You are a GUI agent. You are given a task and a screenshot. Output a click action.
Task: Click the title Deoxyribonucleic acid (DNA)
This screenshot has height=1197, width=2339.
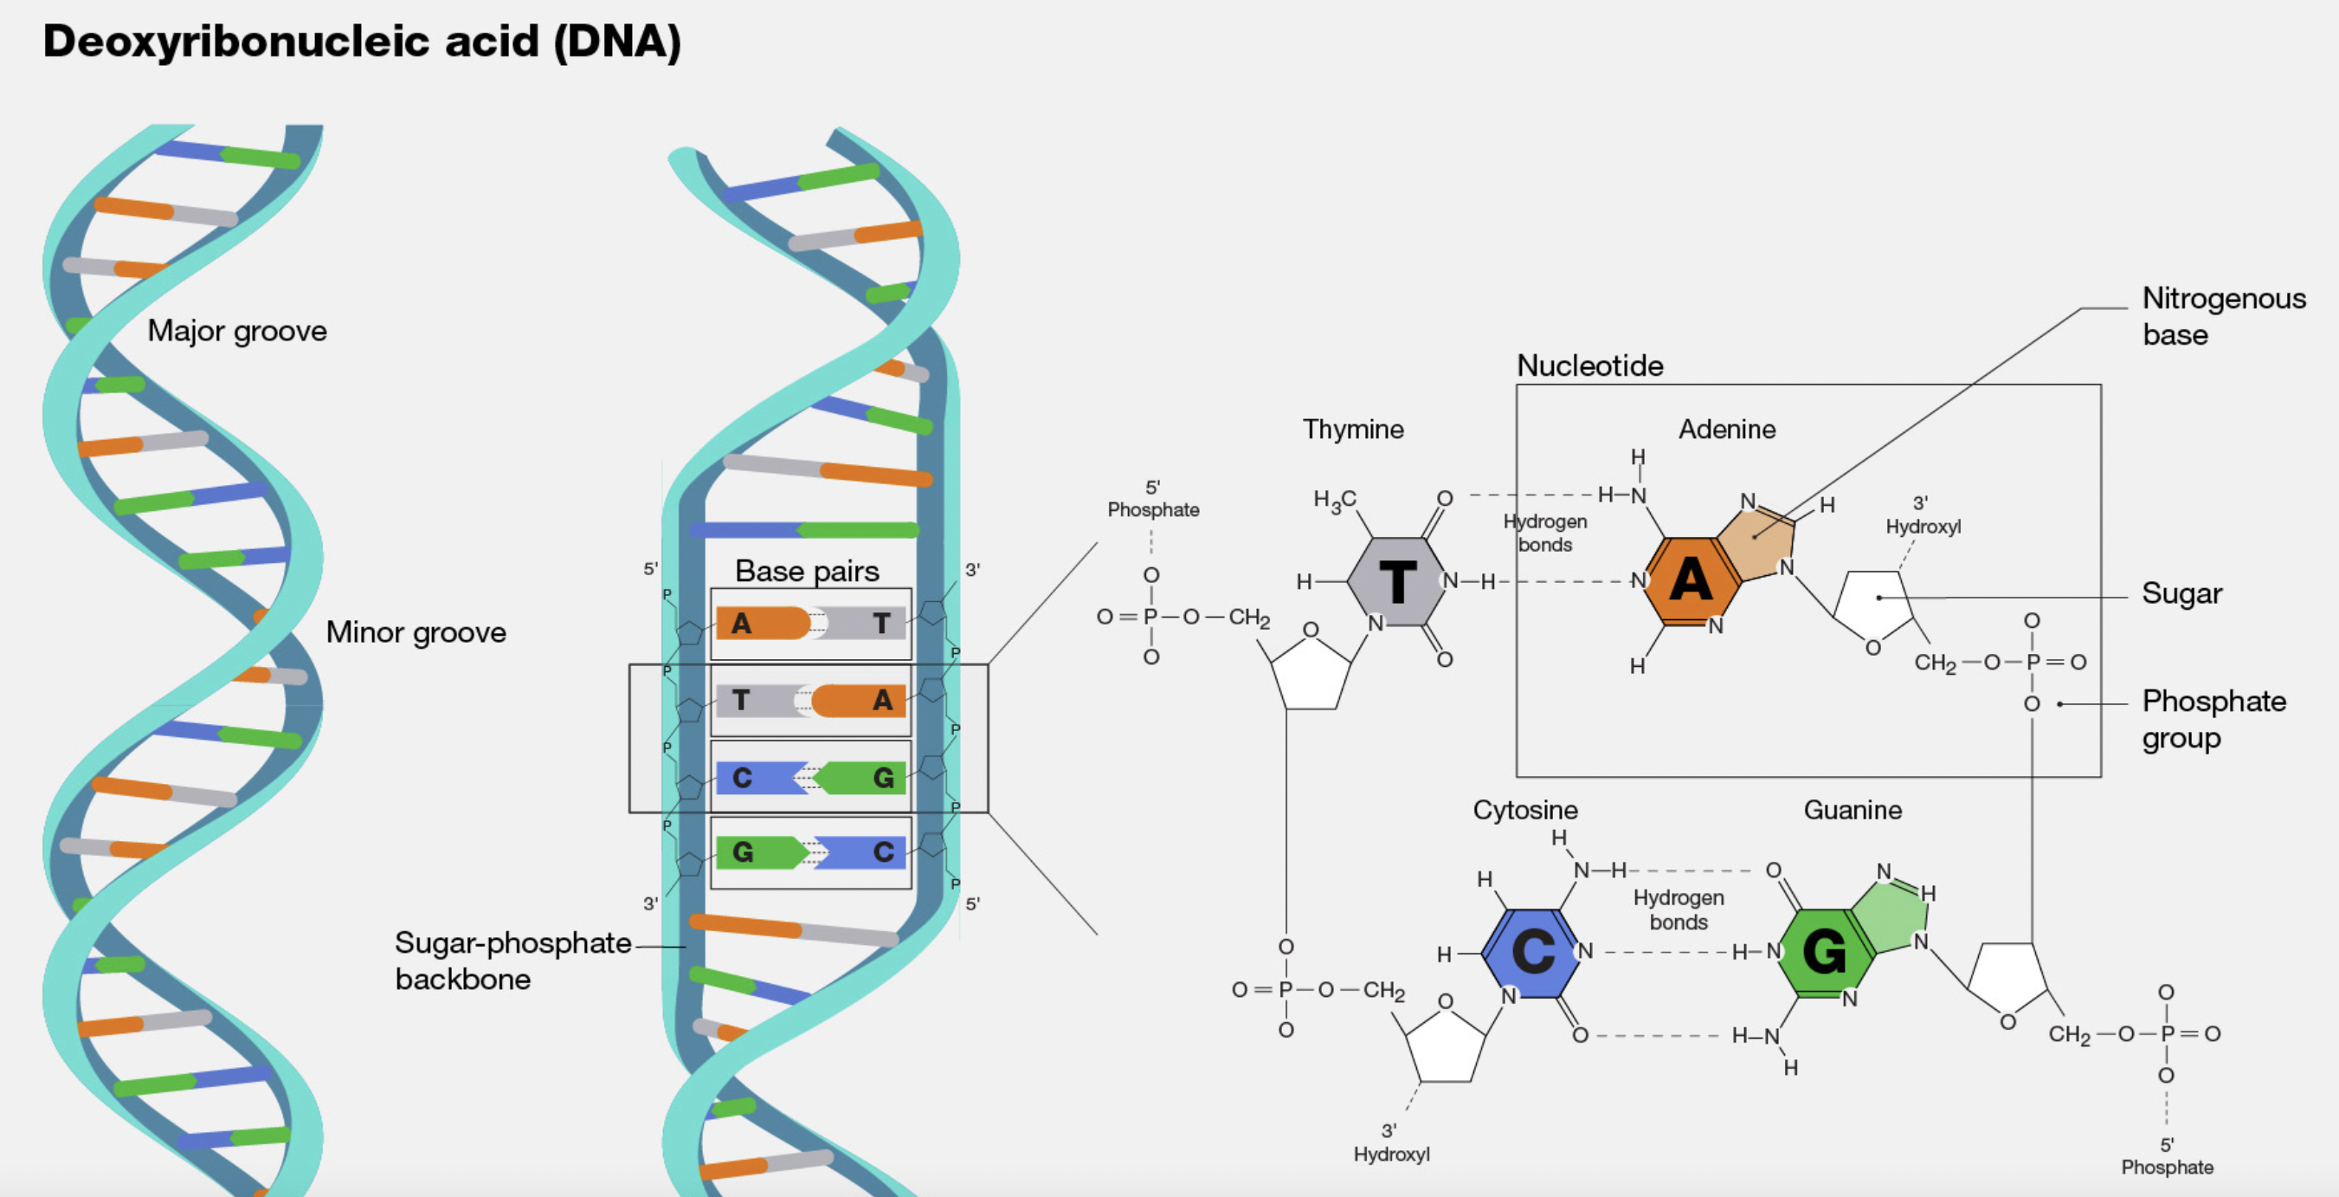[x=361, y=42]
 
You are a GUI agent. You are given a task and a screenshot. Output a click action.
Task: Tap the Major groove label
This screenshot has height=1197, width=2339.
[x=237, y=331]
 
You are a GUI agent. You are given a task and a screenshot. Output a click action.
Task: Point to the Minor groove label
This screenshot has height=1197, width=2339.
[x=416, y=632]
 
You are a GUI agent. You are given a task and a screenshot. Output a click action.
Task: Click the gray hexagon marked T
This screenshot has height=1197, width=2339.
[x=1397, y=581]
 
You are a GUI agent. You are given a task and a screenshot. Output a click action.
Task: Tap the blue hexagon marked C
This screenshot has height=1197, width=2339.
[x=1533, y=952]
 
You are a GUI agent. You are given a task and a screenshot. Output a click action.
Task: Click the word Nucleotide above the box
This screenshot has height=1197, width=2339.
[x=1590, y=366]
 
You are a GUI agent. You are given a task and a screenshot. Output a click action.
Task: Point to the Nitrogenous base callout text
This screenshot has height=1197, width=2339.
[x=2223, y=316]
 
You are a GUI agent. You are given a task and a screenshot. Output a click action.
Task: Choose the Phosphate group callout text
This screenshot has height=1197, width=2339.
[x=2213, y=718]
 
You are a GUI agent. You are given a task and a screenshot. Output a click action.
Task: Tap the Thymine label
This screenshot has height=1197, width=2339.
[x=1353, y=429]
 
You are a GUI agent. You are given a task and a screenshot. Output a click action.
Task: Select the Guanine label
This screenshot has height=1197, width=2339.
[x=1853, y=809]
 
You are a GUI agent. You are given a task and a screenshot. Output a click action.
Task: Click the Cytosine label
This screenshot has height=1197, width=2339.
[x=1524, y=809]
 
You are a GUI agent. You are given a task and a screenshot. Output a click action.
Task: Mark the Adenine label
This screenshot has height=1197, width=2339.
[x=1726, y=429]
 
